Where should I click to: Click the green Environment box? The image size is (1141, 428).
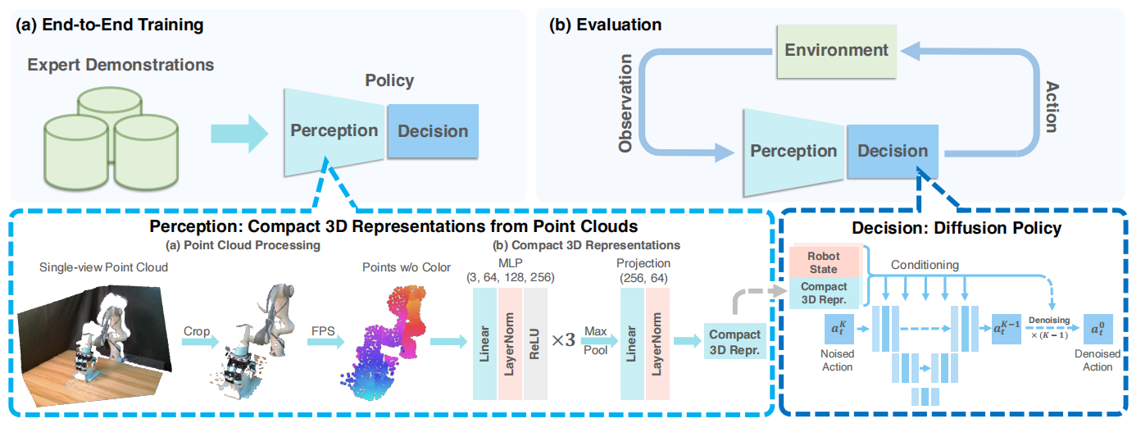pos(836,51)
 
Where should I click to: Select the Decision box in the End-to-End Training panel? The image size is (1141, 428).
pos(433,131)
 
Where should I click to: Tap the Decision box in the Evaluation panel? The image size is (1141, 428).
pos(893,152)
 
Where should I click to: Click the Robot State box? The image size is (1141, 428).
pos(824,262)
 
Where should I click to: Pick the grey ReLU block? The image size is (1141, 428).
pos(534,344)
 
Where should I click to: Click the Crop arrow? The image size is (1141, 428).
pos(200,341)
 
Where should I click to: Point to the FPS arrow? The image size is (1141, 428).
pos(325,341)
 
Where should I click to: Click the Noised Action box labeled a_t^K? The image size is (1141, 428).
pos(839,329)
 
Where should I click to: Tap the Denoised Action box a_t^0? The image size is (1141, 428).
pos(1098,329)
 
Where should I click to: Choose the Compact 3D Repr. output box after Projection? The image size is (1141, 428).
pos(734,341)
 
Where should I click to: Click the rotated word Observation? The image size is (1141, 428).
pos(625,103)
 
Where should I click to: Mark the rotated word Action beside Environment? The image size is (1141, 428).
pos(1052,107)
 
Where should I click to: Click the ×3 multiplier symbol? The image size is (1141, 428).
pos(563,339)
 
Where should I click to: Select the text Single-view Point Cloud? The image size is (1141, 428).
pos(103,267)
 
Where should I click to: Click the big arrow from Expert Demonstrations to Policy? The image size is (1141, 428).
pos(239,134)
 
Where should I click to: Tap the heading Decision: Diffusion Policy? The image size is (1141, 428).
pos(957,228)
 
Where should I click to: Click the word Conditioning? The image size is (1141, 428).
pos(925,265)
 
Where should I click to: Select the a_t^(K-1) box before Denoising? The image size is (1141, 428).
pos(1007,329)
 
